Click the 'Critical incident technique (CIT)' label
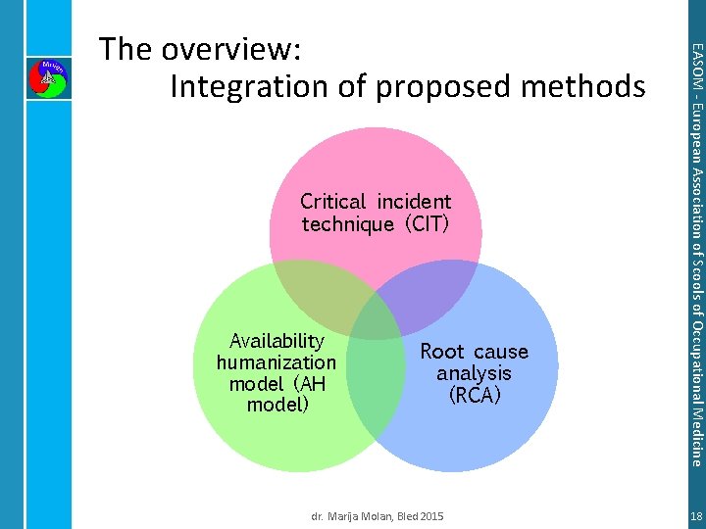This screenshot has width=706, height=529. point(376,213)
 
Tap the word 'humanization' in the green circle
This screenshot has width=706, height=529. point(277,362)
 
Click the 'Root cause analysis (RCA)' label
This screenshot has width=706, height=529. point(474,373)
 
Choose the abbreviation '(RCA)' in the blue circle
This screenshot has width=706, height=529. point(474,396)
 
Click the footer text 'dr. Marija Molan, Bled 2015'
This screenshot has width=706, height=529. point(378,515)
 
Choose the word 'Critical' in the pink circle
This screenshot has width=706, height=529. point(331,202)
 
